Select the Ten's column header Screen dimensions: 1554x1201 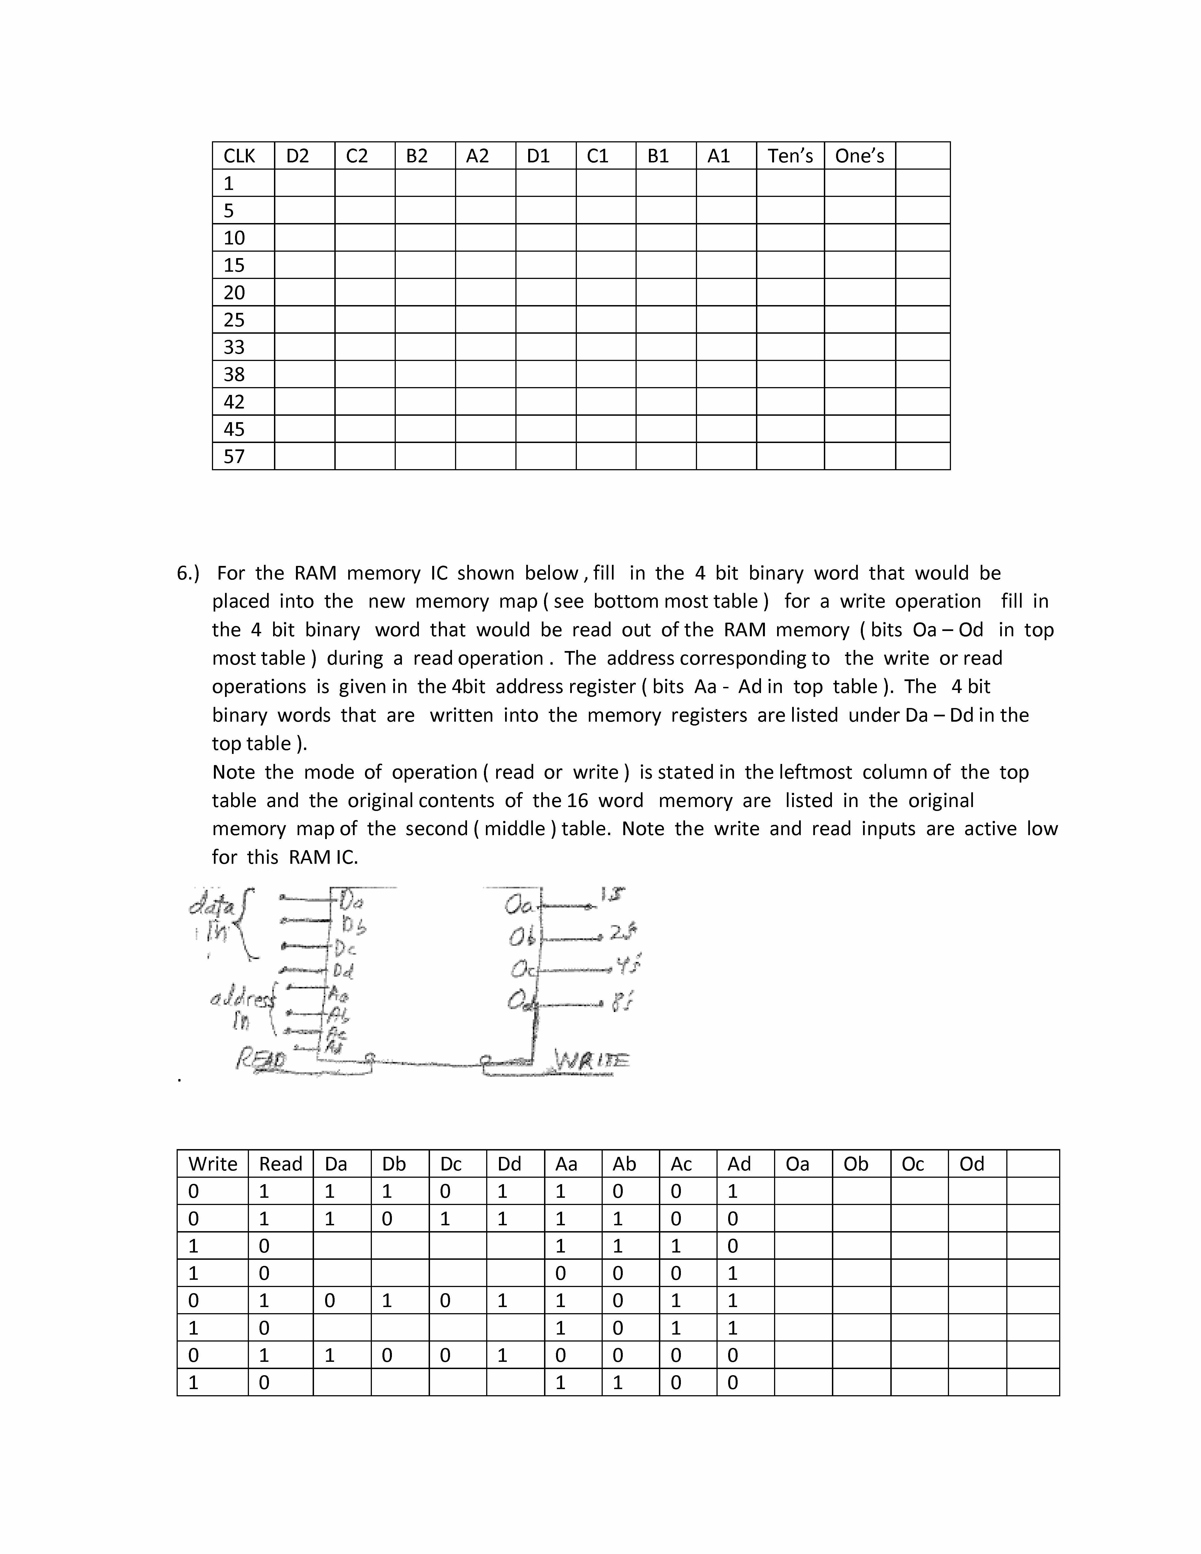click(790, 156)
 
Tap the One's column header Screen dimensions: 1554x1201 click(859, 156)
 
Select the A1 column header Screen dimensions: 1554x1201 click(719, 156)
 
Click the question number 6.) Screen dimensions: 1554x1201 click(189, 573)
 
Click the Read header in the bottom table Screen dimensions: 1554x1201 click(280, 1164)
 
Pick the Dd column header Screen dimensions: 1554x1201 click(510, 1164)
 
